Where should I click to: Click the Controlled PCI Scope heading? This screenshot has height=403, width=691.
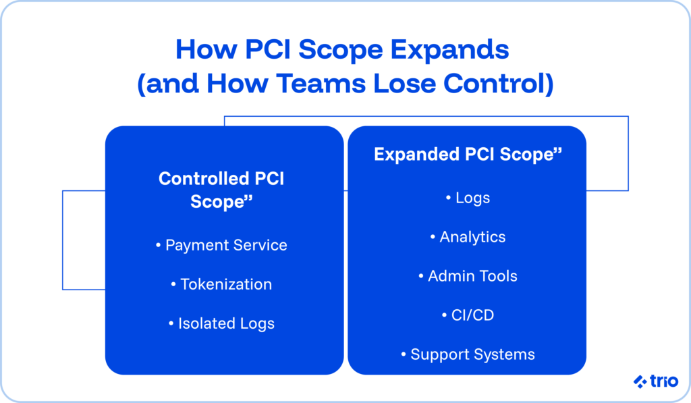(221, 190)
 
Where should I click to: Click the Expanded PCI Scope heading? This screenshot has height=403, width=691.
(468, 155)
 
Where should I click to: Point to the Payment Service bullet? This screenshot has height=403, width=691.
(221, 245)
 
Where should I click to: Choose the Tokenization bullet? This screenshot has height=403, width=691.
(221, 284)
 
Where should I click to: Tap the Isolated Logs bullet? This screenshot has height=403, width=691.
(221, 323)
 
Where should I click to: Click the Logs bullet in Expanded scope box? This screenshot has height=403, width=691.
(468, 198)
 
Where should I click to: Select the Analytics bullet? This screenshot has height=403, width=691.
(468, 237)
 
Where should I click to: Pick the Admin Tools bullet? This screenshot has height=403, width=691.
(468, 276)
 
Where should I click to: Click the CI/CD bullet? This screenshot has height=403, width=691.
(468, 315)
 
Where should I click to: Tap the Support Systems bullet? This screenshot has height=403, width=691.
(468, 354)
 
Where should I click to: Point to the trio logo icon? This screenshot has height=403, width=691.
(640, 382)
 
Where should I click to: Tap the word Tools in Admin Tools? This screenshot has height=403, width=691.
(496, 276)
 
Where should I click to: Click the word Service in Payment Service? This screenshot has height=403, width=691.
(260, 245)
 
